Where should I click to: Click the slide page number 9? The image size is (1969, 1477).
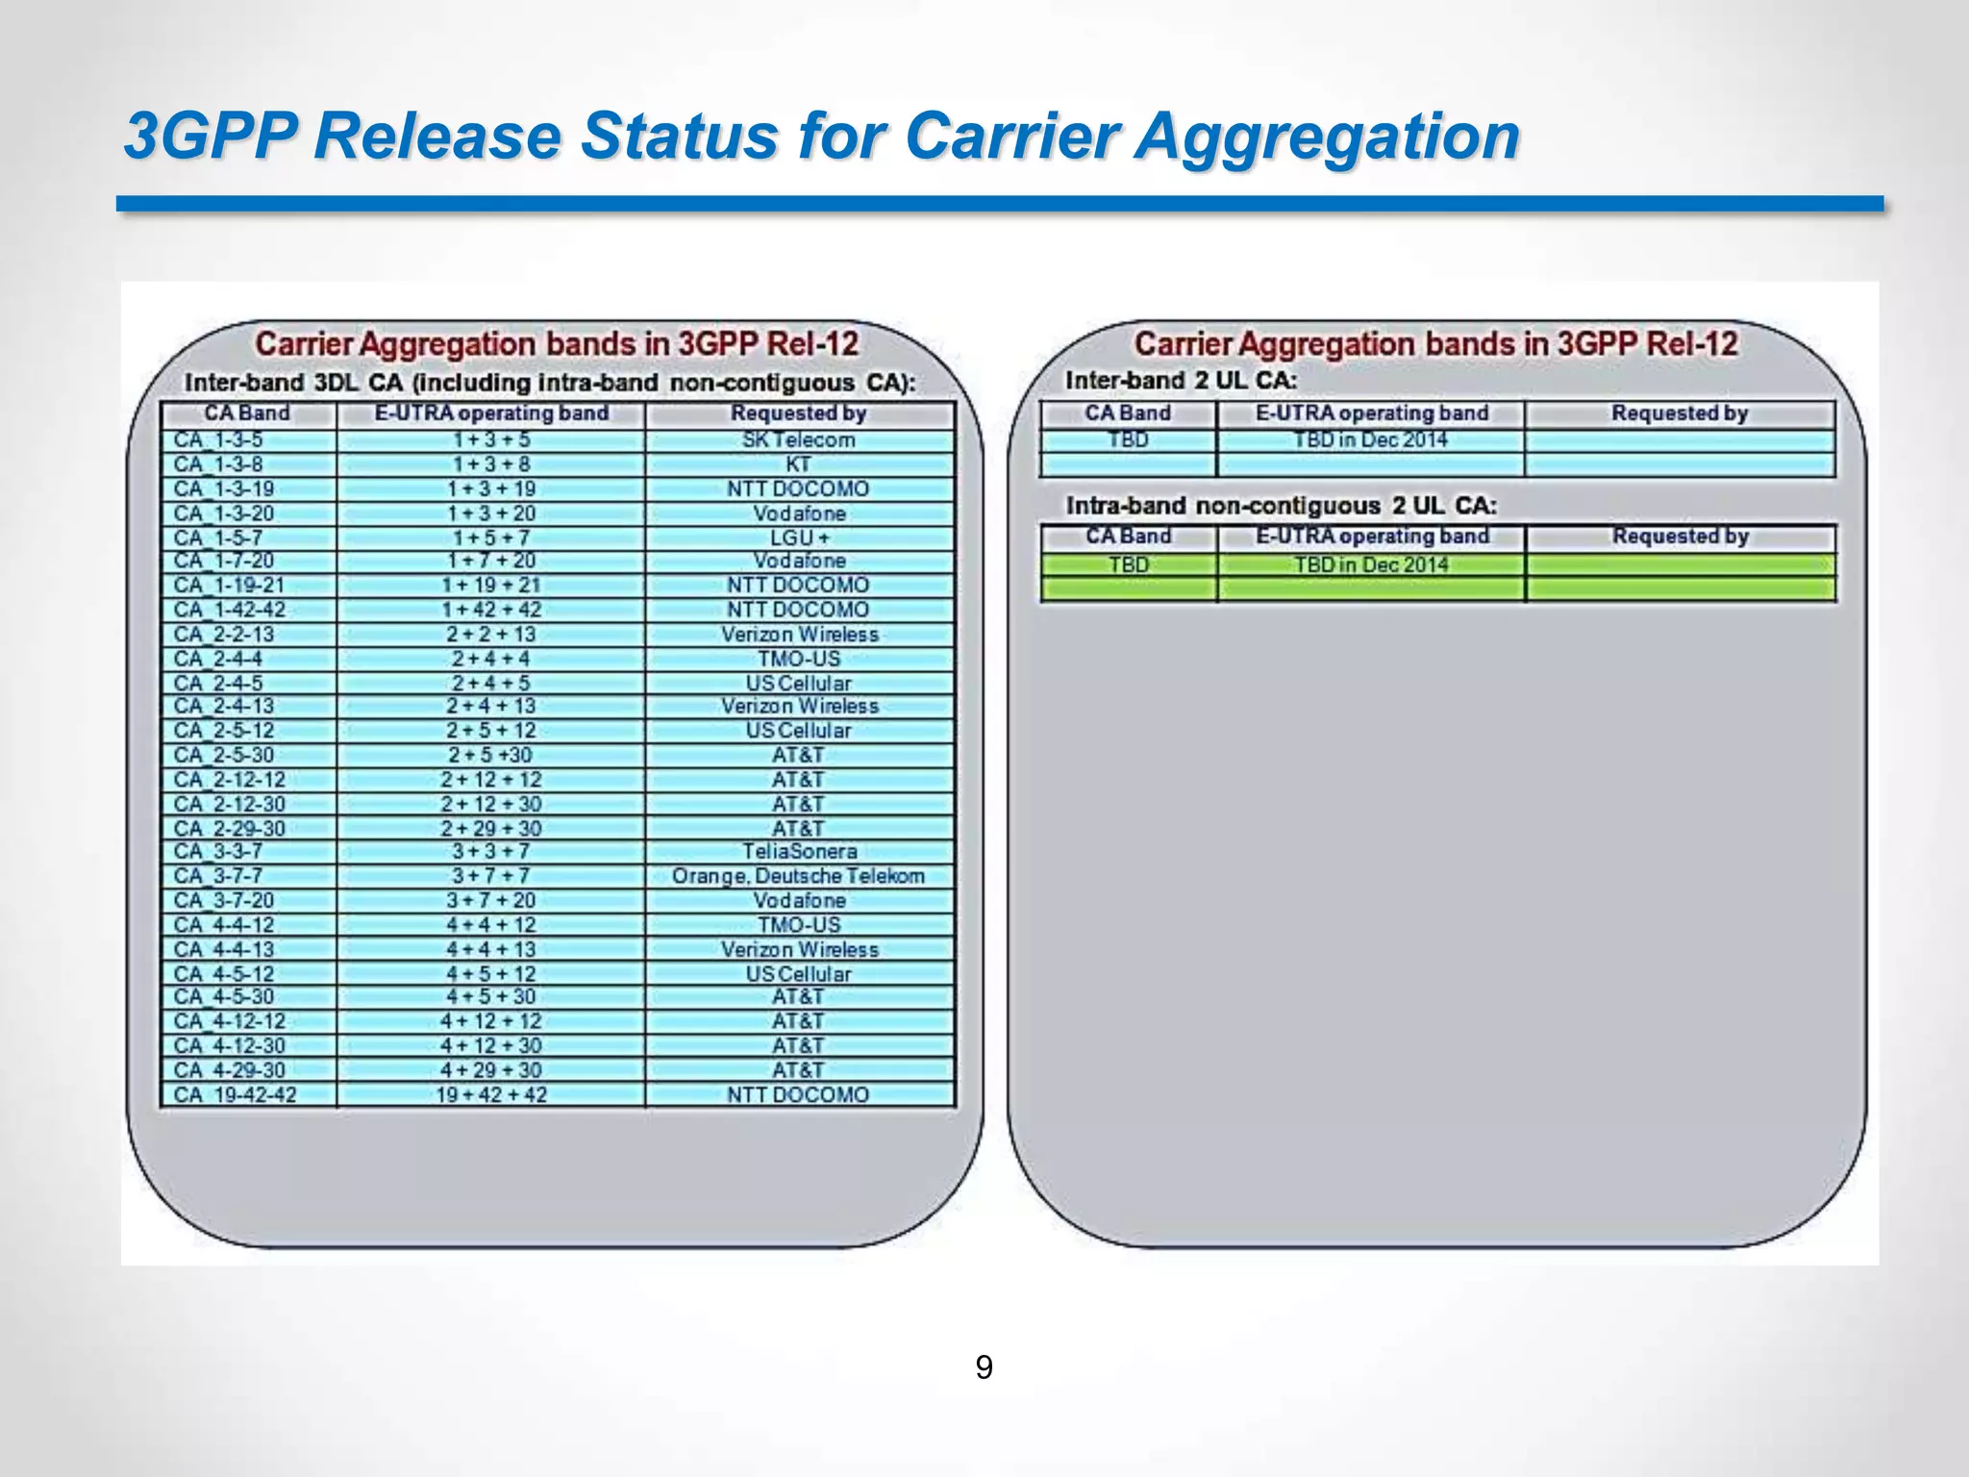pyautogui.click(x=984, y=1367)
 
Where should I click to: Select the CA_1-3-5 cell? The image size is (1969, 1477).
pyautogui.click(x=218, y=440)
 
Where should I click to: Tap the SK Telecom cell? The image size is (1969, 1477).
pyautogui.click(x=798, y=440)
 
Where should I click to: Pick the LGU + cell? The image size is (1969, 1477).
pyautogui.click(x=798, y=538)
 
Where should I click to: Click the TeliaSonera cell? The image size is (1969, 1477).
pyautogui.click(x=798, y=851)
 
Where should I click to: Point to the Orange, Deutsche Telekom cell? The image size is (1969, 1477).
pyautogui.click(x=798, y=876)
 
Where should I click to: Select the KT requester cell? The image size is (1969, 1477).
pyautogui.click(x=798, y=464)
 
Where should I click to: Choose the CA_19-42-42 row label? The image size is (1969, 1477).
pyautogui.click(x=236, y=1094)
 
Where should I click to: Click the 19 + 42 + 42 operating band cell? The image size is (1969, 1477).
pyautogui.click(x=490, y=1094)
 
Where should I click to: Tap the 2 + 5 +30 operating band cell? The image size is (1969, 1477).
pyautogui.click(x=490, y=755)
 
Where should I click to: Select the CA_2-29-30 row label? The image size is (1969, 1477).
pyautogui.click(x=230, y=828)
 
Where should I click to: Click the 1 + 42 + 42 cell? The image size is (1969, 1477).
pyautogui.click(x=490, y=610)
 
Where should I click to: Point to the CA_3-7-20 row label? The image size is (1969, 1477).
pyautogui.click(x=224, y=900)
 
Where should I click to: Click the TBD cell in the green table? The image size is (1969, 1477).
pyautogui.click(x=1128, y=564)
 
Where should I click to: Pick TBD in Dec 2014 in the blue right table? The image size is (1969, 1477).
pyautogui.click(x=1370, y=440)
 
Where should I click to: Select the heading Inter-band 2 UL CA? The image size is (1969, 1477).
pyautogui.click(x=1181, y=381)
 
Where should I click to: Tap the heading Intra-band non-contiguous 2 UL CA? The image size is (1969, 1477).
pyautogui.click(x=1281, y=506)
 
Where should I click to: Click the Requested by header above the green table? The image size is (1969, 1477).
pyautogui.click(x=1680, y=536)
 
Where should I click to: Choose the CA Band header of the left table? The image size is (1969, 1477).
pyautogui.click(x=247, y=413)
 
